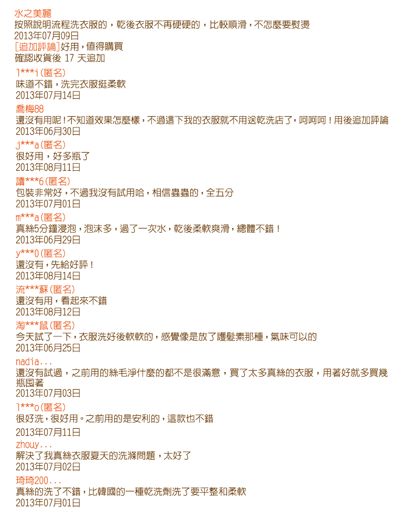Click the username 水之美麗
click(33, 13)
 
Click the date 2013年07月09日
click(47, 36)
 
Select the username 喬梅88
click(29, 109)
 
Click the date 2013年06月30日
click(48, 131)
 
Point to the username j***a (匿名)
click(41, 145)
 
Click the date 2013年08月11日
click(48, 167)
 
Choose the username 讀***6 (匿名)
click(43, 181)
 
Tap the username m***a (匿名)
click(41, 218)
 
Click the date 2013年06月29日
click(48, 240)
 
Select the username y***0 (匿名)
click(41, 253)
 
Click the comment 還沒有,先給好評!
click(55, 265)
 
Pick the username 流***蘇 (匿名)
click(45, 289)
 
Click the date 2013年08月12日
click(48, 312)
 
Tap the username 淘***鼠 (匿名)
click(45, 326)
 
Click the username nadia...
click(34, 362)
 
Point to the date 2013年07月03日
click(48, 393)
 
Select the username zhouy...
click(34, 445)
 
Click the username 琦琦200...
click(39, 480)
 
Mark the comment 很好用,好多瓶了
click(53, 156)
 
